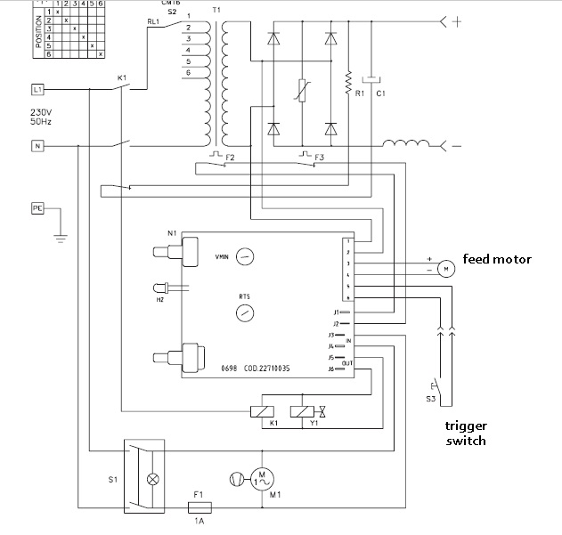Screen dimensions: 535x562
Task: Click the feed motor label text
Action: [496, 259]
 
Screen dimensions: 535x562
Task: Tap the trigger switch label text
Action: [467, 434]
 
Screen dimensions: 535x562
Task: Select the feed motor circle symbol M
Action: [443, 270]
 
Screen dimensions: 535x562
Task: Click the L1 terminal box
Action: [37, 90]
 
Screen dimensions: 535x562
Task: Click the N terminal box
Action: [37, 145]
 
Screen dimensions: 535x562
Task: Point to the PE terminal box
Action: [37, 208]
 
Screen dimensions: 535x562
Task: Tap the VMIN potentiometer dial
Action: [246, 255]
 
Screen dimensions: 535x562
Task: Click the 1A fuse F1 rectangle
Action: [200, 507]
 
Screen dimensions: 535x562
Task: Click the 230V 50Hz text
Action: [43, 117]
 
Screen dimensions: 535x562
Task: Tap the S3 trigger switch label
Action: [430, 399]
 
